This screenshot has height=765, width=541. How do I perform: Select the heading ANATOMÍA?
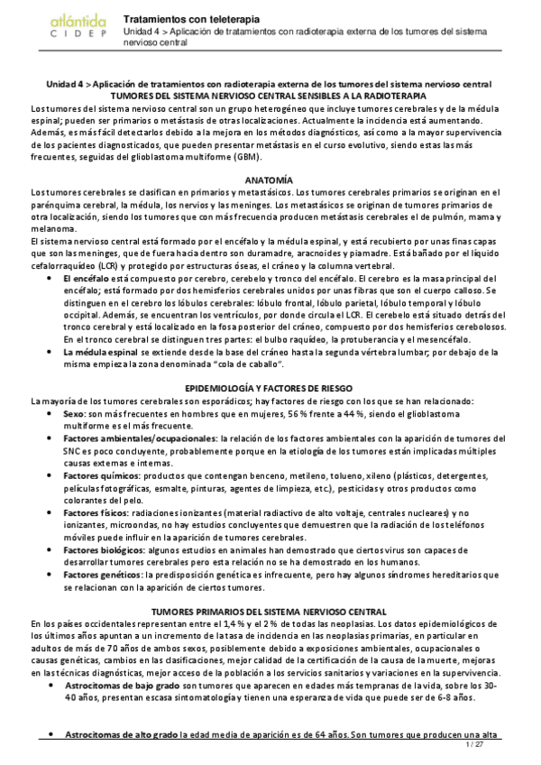click(x=270, y=180)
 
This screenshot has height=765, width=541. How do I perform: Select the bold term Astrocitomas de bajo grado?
click(x=122, y=687)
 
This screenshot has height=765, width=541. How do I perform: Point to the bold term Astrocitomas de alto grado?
click(x=121, y=735)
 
